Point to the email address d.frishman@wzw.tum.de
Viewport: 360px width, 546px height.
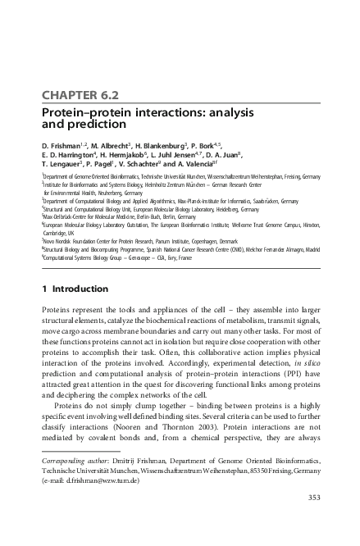point(103,482)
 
